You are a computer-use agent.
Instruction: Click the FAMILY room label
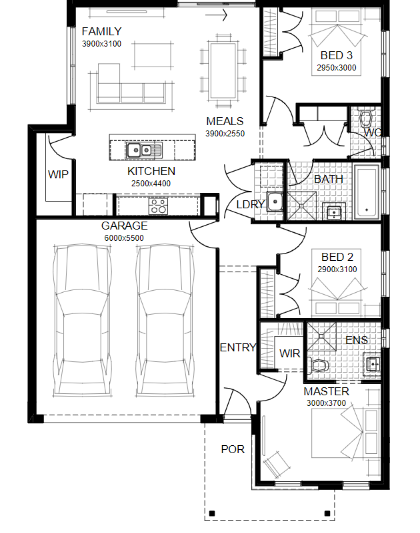[x=101, y=32]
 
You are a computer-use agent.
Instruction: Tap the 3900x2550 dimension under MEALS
[x=225, y=134]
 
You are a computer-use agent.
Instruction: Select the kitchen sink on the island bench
[x=144, y=150]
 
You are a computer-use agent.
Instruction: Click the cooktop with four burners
[x=159, y=206]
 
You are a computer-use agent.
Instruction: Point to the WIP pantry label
[x=58, y=175]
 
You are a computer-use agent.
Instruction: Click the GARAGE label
[x=124, y=226]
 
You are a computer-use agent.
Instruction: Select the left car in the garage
[x=82, y=320]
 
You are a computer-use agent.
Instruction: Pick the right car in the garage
[x=165, y=320]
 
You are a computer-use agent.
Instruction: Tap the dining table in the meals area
[x=223, y=71]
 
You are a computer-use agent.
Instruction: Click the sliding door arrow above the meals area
[x=216, y=15]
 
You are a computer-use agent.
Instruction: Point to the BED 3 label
[x=336, y=55]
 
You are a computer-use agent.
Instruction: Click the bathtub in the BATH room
[x=367, y=192]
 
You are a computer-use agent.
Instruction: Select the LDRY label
[x=251, y=204]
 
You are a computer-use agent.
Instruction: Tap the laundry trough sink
[x=275, y=202]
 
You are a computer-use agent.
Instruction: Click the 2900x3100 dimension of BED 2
[x=337, y=269]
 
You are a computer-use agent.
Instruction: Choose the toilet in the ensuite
[x=318, y=366]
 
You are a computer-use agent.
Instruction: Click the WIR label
[x=290, y=353]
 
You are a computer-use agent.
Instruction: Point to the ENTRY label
[x=238, y=347]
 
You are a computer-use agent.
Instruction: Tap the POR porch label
[x=233, y=449]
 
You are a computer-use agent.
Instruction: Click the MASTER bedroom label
[x=326, y=391]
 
